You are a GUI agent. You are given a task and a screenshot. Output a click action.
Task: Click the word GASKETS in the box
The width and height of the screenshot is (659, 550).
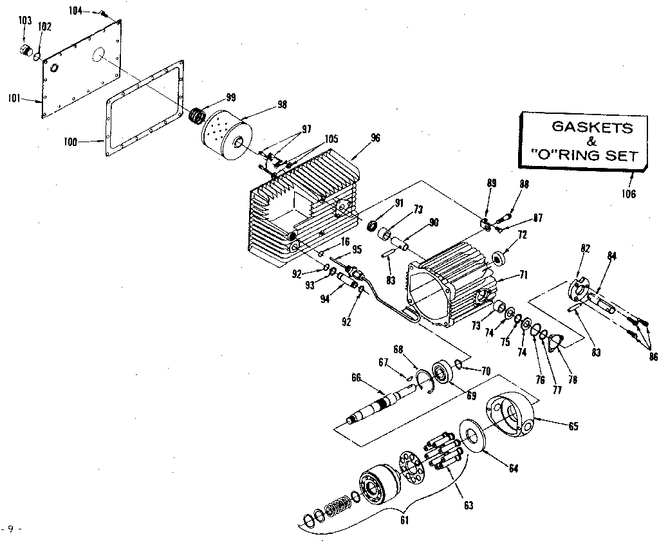[592, 127]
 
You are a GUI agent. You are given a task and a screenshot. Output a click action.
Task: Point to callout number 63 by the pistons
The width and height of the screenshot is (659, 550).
[468, 506]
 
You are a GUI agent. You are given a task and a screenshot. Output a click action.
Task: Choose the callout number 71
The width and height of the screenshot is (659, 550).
[523, 275]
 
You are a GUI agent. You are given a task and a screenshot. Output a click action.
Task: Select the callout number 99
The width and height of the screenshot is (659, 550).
[230, 97]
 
